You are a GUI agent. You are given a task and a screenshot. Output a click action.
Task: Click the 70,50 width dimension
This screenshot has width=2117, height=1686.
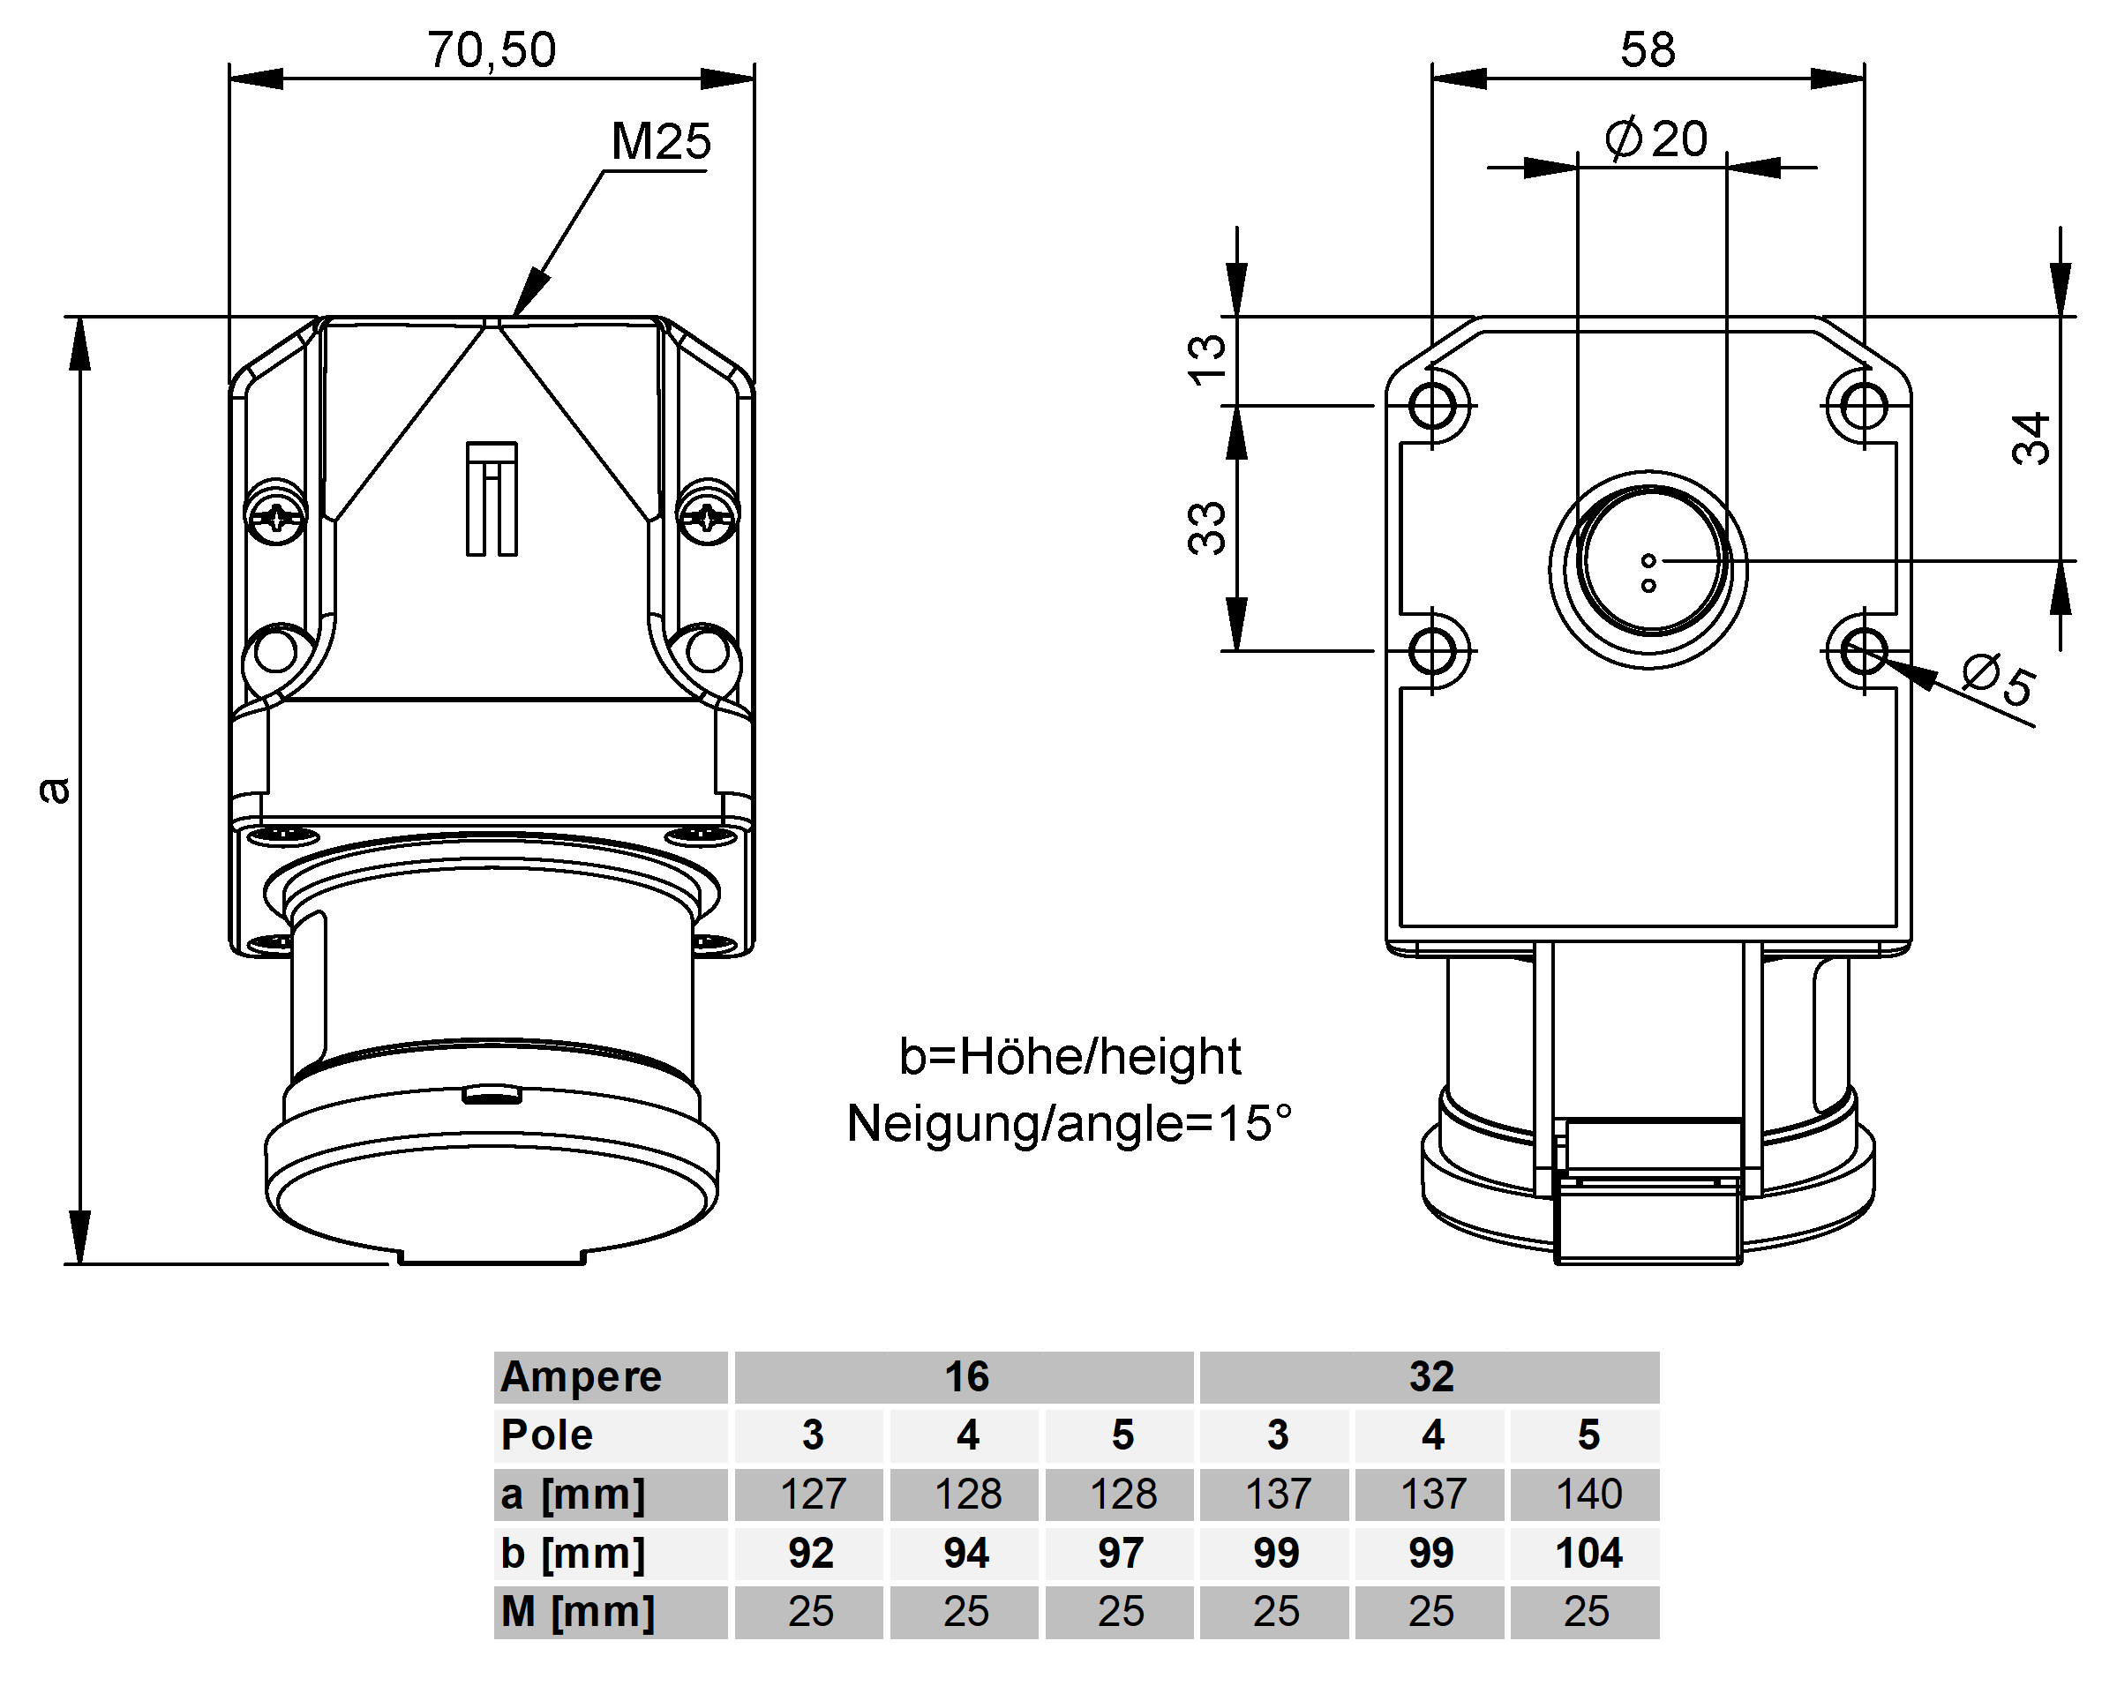tap(491, 49)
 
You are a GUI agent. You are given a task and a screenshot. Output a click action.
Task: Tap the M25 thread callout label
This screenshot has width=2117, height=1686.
tap(661, 141)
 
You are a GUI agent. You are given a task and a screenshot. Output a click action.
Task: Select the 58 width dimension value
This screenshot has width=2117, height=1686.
tap(1648, 49)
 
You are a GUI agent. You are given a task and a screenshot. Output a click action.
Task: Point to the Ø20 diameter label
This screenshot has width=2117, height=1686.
tap(1656, 139)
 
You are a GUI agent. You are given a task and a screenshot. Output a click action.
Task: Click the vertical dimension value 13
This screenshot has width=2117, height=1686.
tap(1208, 358)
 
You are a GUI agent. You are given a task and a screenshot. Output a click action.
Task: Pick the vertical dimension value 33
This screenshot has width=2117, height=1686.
tap(1208, 528)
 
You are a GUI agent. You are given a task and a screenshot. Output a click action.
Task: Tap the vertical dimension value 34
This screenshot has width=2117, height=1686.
tap(2031, 438)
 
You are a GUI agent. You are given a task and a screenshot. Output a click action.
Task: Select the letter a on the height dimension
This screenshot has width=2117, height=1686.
tap(55, 790)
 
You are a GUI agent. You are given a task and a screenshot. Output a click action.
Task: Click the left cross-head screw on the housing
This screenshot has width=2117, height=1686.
tap(276, 513)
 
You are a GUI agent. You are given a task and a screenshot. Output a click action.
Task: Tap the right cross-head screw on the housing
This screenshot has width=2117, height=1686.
tap(708, 513)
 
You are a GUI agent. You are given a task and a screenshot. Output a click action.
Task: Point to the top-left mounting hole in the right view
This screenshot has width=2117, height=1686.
tap(1434, 405)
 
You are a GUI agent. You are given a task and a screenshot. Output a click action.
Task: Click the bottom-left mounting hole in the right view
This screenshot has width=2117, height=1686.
tap(1434, 650)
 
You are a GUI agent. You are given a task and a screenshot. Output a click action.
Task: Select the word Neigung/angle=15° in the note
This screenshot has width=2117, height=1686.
tap(1069, 1123)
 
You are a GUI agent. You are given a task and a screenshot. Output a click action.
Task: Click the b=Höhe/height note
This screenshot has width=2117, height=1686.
tap(1070, 1058)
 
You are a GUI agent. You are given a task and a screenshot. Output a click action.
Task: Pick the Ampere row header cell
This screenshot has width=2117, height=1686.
tap(611, 1376)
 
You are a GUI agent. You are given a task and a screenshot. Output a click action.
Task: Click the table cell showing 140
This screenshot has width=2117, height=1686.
tap(1588, 1495)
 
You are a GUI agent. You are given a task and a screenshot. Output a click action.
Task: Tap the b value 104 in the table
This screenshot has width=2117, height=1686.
tap(1588, 1554)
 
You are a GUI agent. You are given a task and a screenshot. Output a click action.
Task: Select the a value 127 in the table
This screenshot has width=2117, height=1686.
tap(811, 1495)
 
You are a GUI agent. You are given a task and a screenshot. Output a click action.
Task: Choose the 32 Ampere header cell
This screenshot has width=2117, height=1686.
tap(1430, 1376)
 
